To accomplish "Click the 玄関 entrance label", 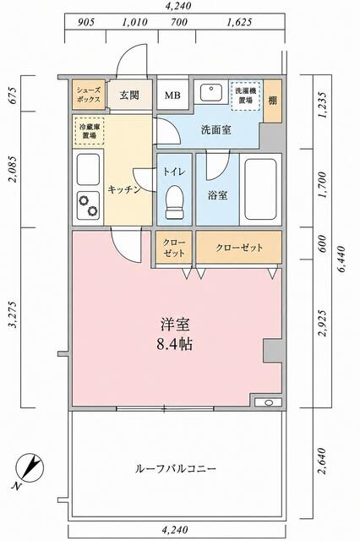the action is click(129, 96).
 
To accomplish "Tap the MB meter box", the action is click(172, 96).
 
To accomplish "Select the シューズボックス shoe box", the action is click(89, 95).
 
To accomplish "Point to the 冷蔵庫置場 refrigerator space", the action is click(89, 131).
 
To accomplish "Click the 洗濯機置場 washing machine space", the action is click(245, 96).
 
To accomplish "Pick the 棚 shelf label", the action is click(273, 100).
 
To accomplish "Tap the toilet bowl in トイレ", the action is click(174, 203).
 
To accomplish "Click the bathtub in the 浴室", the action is click(260, 189).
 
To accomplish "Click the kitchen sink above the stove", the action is click(88, 169).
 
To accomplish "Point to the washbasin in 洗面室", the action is click(210, 92).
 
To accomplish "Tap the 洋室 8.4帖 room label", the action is click(175, 334).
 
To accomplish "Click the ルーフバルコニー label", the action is click(176, 468).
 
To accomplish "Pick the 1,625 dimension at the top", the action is click(239, 23).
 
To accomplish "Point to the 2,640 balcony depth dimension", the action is click(322, 461).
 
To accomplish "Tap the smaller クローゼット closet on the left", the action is click(174, 248).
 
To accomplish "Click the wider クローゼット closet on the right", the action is click(239, 248).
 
